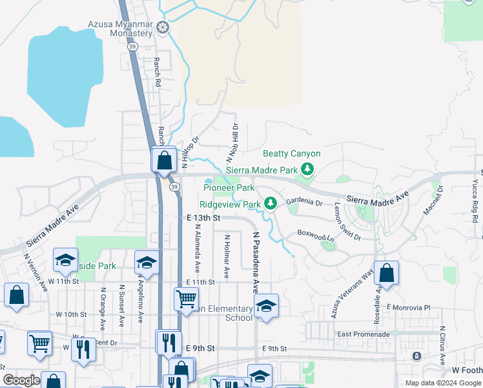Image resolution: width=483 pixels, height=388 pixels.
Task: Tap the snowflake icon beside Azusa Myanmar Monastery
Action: click(163, 27)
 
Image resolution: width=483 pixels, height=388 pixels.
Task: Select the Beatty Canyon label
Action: click(291, 154)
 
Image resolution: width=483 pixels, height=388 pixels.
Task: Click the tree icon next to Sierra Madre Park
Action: click(308, 169)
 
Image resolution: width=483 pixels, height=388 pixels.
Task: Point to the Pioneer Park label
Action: click(229, 188)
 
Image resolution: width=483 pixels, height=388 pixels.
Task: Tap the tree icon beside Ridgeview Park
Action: click(272, 204)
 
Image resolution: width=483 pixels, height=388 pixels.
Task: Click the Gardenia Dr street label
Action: click(304, 202)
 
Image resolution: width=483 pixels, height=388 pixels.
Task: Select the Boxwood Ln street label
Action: click(316, 233)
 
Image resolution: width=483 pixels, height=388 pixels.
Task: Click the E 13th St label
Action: click(203, 219)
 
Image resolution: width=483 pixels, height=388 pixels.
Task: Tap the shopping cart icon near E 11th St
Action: click(186, 299)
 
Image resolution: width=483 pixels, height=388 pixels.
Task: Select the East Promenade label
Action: click(364, 334)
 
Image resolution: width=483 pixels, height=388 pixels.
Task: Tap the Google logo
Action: click(21, 380)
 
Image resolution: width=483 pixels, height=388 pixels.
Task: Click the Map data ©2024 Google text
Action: click(443, 383)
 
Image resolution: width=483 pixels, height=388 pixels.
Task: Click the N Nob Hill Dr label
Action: click(231, 143)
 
